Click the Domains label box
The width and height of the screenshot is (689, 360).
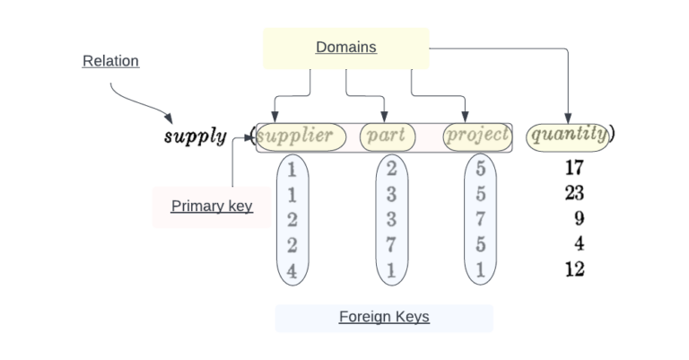click(345, 48)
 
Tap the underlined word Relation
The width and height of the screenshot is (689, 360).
click(110, 61)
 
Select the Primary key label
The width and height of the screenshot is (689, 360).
click(212, 206)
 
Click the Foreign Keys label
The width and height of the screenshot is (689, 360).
click(384, 317)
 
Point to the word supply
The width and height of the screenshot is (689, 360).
click(195, 136)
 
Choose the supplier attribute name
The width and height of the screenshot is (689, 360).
click(296, 136)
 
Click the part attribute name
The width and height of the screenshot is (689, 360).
click(388, 136)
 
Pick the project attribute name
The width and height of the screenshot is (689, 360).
click(477, 136)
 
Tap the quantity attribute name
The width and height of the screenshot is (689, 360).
click(568, 136)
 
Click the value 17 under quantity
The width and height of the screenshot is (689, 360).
click(575, 167)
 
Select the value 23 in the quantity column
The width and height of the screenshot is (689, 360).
click(575, 192)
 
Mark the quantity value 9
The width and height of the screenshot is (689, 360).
click(579, 217)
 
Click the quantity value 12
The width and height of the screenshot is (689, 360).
click(575, 268)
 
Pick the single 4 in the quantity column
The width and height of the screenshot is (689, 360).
click(579, 243)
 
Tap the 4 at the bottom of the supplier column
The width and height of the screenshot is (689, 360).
click(292, 268)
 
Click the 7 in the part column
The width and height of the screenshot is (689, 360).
click(392, 243)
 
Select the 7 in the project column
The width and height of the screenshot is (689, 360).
click(481, 217)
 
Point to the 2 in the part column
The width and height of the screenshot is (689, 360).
click(392, 167)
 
